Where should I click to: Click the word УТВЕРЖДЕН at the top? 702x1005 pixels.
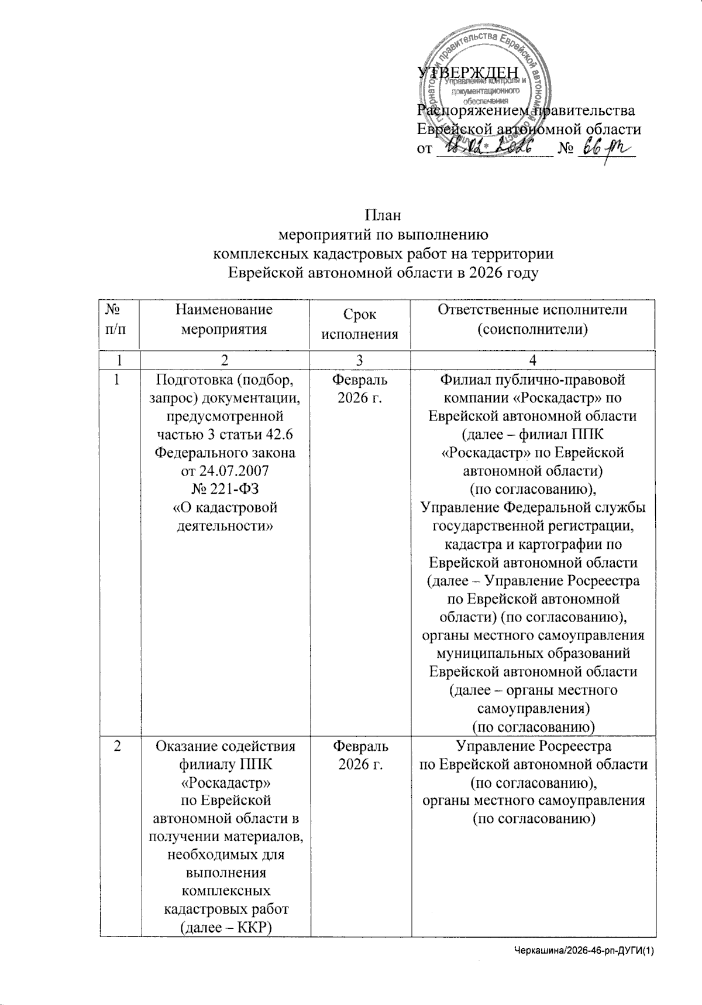467,73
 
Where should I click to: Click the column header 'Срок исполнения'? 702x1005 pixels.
360,324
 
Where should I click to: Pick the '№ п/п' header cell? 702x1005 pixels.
117,319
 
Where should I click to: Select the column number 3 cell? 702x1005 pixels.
360,360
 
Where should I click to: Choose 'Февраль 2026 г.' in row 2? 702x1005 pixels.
360,756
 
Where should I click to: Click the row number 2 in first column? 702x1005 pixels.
118,747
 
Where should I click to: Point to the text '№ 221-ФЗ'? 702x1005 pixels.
226,489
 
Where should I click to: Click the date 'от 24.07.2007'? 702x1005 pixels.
226,471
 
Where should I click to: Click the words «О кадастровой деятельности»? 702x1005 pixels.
226,517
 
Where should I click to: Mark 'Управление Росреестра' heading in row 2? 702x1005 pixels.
533,746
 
